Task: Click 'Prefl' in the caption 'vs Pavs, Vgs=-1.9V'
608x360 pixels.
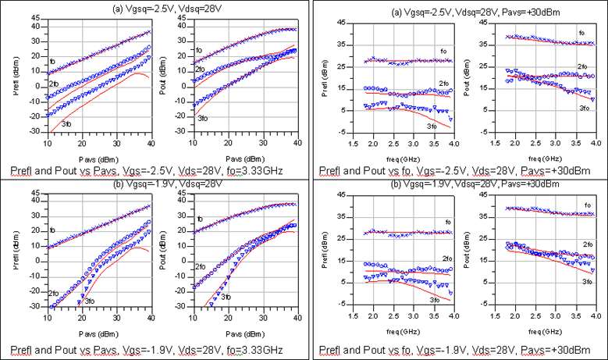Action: click(27, 348)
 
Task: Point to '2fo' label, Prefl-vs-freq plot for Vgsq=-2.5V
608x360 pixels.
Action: click(443, 84)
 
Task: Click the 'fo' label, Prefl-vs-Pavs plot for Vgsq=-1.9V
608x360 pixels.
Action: click(52, 230)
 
